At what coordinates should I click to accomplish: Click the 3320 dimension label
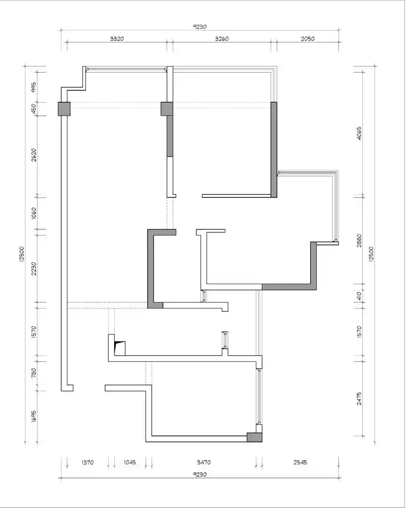tap(117, 39)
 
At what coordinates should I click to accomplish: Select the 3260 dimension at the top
tap(222, 39)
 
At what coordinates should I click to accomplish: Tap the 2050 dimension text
tap(308, 39)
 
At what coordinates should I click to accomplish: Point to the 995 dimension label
tap(33, 87)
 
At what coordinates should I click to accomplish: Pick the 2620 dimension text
tap(33, 155)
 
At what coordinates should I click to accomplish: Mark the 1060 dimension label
tap(33, 213)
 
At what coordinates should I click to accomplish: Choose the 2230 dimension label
tap(33, 268)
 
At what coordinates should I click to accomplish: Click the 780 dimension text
tap(33, 373)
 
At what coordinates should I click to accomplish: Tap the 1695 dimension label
tap(33, 417)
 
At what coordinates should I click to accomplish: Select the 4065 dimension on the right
tap(359, 133)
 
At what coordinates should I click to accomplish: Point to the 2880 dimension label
tap(359, 241)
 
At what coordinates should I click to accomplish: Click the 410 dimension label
tap(359, 296)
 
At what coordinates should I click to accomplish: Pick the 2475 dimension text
tap(359, 399)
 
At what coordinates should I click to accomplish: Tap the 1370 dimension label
tap(87, 462)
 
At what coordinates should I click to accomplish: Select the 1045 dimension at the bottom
tap(129, 462)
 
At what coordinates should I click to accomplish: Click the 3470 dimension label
tap(204, 462)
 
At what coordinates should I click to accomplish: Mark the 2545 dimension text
tap(300, 462)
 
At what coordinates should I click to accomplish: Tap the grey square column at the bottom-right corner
tap(254, 437)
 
